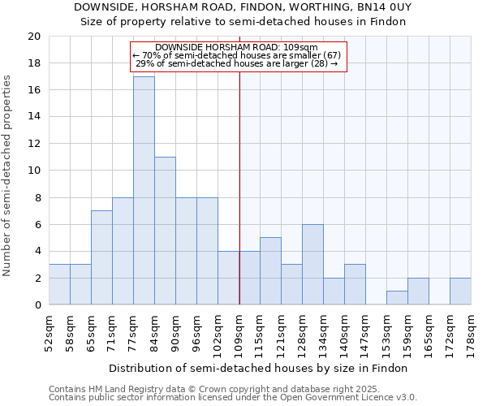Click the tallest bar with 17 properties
(144, 191)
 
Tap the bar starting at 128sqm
(312, 264)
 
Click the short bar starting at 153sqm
(397, 298)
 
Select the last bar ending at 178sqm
(460, 292)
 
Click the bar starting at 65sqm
(101, 257)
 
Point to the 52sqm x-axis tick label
(49, 332)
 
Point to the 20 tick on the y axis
(34, 37)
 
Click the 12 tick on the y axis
(34, 144)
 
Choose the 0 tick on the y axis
(37, 305)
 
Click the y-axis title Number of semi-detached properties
(8, 175)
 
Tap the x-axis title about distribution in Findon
(257, 368)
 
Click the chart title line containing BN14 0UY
(243, 6)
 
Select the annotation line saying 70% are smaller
(238, 55)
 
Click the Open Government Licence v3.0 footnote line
(232, 397)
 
